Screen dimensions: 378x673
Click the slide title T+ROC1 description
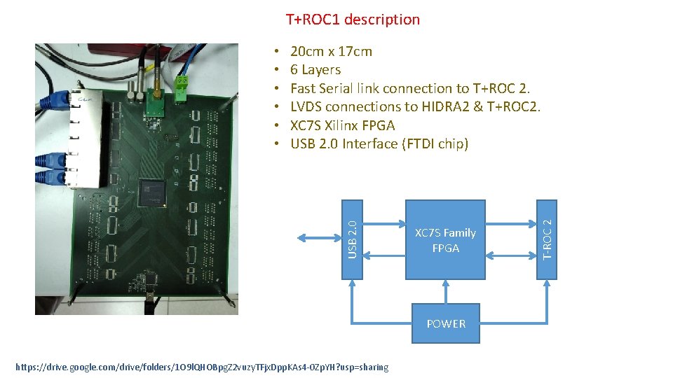[353, 20]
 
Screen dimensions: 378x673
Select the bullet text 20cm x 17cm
[331, 51]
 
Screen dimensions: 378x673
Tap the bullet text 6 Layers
[315, 69]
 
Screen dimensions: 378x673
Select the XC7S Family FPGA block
[445, 240]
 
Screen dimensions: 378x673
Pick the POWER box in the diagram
[446, 323]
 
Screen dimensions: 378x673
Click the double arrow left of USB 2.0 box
[320, 239]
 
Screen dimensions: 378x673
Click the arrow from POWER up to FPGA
[446, 292]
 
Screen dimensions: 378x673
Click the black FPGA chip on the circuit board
[153, 192]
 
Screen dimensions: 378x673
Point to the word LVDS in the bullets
[307, 106]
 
